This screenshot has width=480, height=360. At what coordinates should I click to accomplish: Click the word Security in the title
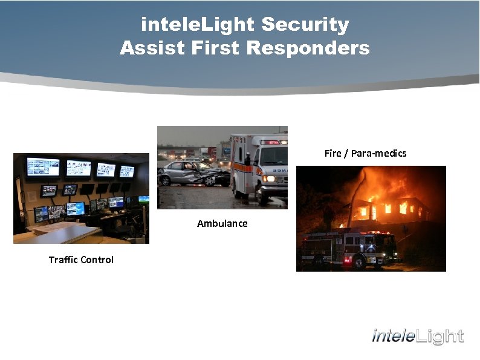305,25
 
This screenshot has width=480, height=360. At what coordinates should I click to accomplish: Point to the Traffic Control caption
81,260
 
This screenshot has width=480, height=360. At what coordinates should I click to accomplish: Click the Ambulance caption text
222,223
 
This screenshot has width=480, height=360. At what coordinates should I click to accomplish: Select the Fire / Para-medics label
365,153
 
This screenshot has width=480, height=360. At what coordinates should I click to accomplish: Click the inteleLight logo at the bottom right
418,336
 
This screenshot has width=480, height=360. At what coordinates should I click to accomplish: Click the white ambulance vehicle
260,166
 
